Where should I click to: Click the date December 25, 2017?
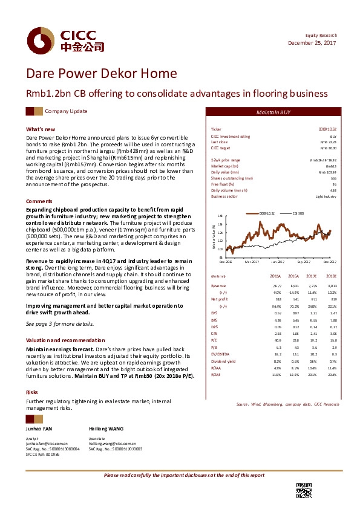pos(313,44)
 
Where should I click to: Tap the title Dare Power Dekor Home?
pos(101,74)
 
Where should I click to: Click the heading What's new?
pos(41,129)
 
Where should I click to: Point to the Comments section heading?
pos(39,201)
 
